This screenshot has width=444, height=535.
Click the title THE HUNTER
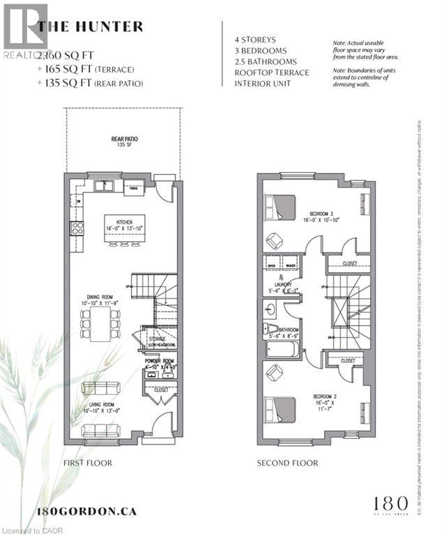click(x=91, y=27)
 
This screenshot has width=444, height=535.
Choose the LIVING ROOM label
click(x=100, y=408)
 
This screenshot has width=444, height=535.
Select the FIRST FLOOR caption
click(x=88, y=463)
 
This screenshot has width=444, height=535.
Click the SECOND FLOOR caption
click(x=287, y=463)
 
